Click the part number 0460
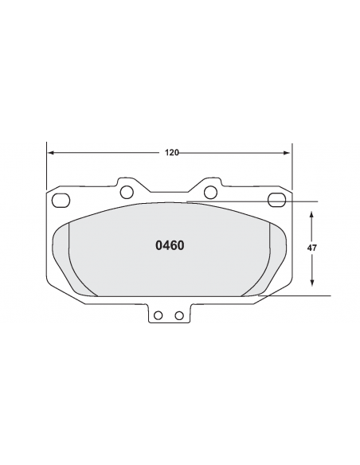pos(170,245)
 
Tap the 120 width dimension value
pos(172,153)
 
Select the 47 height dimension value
pos(311,248)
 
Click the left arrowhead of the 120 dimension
pos(51,153)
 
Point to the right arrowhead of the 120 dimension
pos(287,153)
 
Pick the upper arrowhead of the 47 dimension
pos(311,214)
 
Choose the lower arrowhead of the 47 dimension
pos(311,283)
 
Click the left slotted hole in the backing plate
pos(61,200)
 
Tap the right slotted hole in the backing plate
pos(276,200)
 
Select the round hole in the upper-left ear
pos(127,192)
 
